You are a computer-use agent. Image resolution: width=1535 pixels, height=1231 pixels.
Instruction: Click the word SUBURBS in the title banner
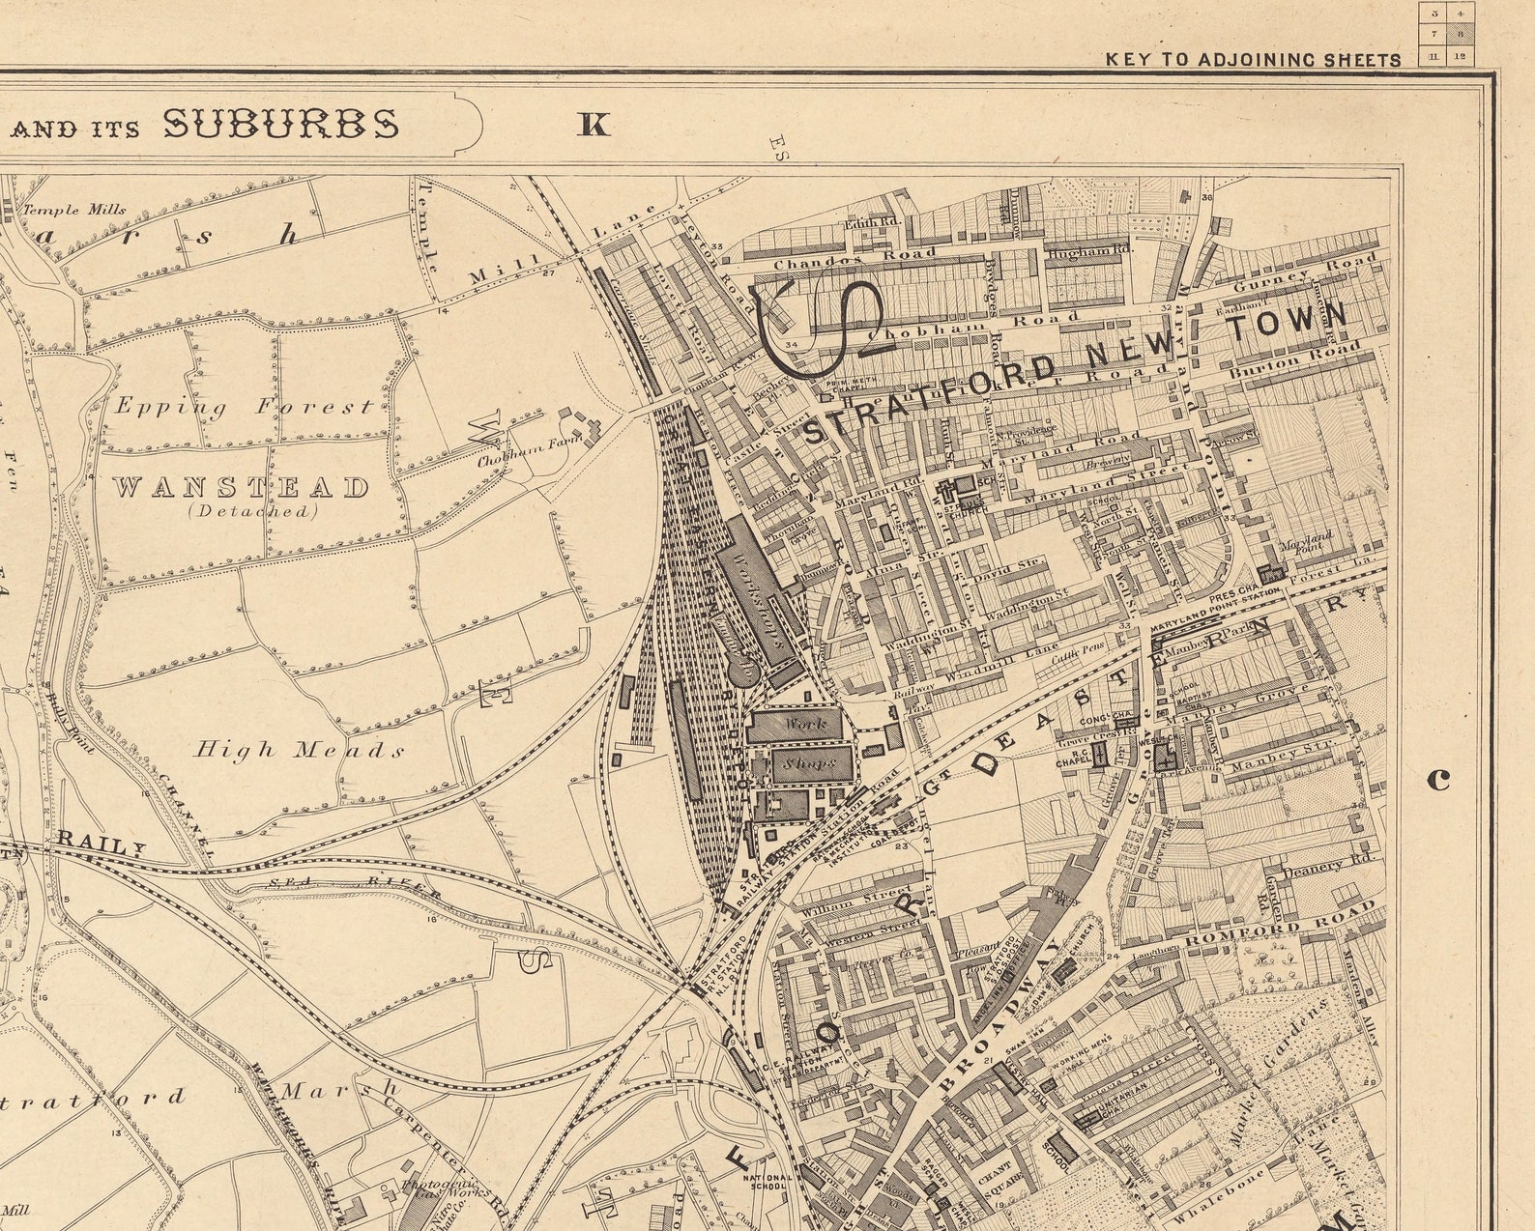click(x=281, y=125)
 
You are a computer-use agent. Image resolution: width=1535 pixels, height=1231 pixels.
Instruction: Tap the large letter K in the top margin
click(x=594, y=125)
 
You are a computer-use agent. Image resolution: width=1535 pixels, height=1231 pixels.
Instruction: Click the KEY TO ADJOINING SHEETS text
click(x=1253, y=60)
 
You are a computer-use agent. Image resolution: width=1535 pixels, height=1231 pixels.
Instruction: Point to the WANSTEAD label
click(x=241, y=488)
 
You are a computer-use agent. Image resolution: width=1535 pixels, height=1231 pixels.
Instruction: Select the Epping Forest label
click(x=244, y=407)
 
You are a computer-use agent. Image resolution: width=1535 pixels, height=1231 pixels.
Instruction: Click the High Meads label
click(x=300, y=750)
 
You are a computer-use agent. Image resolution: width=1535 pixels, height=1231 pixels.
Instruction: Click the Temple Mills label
click(x=74, y=209)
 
